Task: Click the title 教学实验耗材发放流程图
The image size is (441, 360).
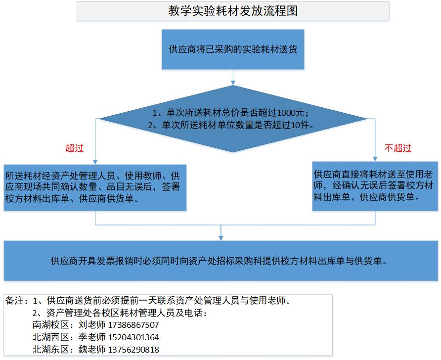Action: (233, 11)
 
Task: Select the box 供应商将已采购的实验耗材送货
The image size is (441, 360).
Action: (233, 49)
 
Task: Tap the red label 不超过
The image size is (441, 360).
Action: (397, 148)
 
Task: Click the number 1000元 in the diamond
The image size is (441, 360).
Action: (291, 113)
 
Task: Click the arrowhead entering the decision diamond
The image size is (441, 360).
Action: (233, 83)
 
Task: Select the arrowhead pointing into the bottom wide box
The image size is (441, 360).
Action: (221, 238)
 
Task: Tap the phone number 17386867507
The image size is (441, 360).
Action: (133, 325)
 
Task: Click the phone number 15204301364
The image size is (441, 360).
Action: (133, 337)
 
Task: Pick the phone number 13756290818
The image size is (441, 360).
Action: (133, 349)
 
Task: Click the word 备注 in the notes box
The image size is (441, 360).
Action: (14, 300)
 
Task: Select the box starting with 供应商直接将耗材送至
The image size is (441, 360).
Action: (375, 186)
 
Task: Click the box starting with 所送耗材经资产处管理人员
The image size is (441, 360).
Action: (95, 187)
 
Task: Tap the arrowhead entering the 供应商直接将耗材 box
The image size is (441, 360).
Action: (375, 159)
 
